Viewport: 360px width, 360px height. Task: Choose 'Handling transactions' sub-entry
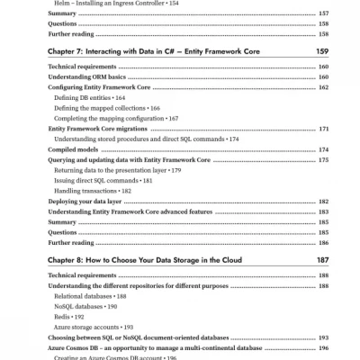pos(88,191)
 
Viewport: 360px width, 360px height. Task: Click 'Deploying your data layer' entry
pos(87,202)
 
